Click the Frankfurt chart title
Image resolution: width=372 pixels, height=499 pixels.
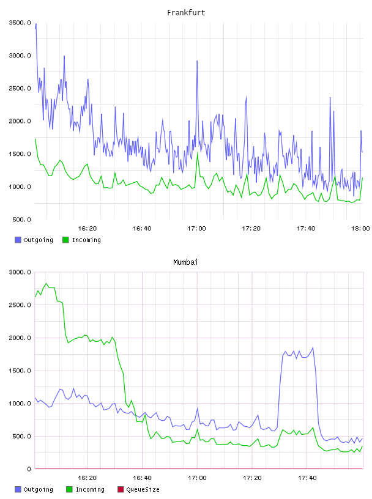click(x=186, y=13)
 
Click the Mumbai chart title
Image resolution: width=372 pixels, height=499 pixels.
click(x=185, y=262)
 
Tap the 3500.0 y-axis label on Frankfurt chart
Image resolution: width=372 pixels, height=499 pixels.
click(x=20, y=23)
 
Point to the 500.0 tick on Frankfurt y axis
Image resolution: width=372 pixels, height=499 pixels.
click(x=21, y=220)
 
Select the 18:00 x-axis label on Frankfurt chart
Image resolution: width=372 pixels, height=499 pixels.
click(x=360, y=229)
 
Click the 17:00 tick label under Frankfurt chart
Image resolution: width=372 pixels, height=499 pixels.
click(x=196, y=229)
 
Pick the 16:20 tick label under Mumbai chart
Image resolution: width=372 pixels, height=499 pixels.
click(x=87, y=478)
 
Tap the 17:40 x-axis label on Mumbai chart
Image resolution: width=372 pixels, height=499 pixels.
click(x=307, y=478)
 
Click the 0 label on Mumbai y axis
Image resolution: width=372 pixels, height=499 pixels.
click(x=29, y=469)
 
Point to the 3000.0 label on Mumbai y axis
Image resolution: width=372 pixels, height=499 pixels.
click(x=20, y=272)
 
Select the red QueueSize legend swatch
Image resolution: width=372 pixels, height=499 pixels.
click(x=121, y=489)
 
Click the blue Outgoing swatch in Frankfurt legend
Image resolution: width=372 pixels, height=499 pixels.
click(x=18, y=240)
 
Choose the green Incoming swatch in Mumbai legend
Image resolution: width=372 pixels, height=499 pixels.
click(x=69, y=489)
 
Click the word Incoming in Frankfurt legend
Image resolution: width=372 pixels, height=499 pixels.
click(x=86, y=240)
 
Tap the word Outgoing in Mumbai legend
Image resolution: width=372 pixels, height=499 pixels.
click(x=38, y=489)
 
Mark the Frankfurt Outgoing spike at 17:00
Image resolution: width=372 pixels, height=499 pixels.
click(x=197, y=61)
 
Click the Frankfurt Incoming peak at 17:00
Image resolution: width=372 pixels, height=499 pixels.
click(x=197, y=153)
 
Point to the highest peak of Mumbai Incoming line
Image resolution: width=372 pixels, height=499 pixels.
click(x=46, y=283)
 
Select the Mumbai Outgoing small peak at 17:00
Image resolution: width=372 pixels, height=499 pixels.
click(x=197, y=408)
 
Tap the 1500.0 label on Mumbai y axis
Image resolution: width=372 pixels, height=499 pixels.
click(x=20, y=371)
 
